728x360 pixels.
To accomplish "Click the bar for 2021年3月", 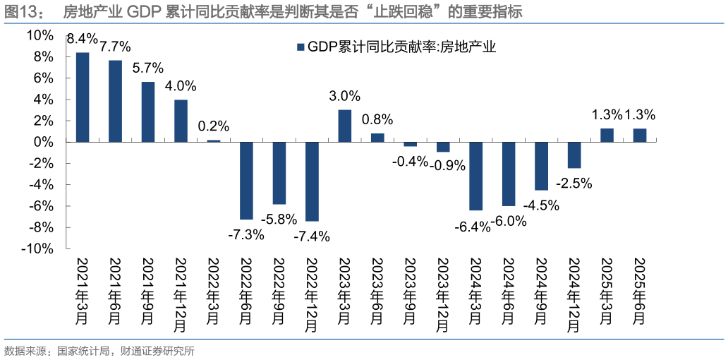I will [83, 97].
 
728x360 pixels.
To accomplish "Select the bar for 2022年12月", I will [312, 181].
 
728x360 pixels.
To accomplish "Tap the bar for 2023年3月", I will [344, 126].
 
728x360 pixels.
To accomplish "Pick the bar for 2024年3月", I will [475, 176].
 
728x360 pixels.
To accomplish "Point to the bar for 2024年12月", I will [574, 155].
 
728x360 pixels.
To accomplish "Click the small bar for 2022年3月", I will [213, 140].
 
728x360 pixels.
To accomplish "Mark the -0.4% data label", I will [411, 161].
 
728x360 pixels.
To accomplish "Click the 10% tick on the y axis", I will [41, 35].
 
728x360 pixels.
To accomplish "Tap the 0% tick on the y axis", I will [44, 142].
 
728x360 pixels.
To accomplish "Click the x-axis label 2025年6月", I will [640, 292].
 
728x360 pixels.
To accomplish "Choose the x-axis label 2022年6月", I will [246, 292].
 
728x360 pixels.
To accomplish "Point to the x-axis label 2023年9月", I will [410, 292].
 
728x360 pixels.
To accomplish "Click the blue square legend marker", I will [301, 47].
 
